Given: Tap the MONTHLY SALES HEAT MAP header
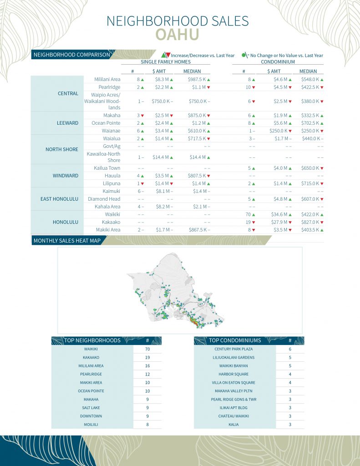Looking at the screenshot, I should tap(64, 240).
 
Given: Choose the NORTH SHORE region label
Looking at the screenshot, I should tap(62, 149).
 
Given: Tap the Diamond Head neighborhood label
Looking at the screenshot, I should tap(104, 199).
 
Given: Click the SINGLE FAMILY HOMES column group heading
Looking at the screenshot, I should tap(165, 62).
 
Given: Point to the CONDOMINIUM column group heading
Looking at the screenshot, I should tap(278, 62).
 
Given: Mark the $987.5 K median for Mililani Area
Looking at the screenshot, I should tap(197, 79).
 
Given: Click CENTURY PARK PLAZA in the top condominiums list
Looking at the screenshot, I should tap(235, 349).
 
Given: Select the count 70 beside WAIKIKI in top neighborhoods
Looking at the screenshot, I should tap(147, 349).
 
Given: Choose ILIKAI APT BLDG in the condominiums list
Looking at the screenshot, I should tap(235, 408).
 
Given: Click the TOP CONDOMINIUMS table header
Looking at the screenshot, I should tap(235, 340).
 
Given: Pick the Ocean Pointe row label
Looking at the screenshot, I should tap(106, 123).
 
